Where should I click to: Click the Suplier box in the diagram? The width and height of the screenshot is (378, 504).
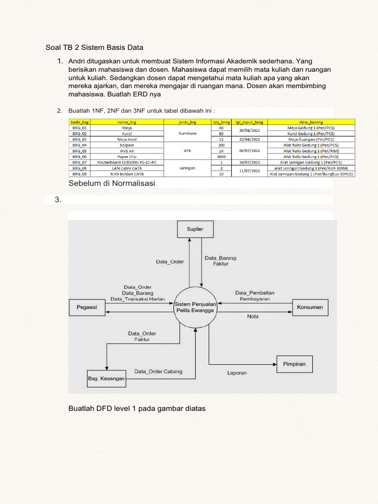pyautogui.click(x=195, y=229)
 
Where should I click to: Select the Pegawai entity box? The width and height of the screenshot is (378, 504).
pyautogui.click(x=87, y=308)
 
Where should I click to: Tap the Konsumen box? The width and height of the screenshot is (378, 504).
pyautogui.click(x=310, y=308)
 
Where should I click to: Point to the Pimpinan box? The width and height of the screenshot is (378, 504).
pyautogui.click(x=294, y=364)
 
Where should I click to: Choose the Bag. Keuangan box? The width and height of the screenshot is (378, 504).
pyautogui.click(x=106, y=378)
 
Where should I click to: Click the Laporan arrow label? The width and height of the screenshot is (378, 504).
pyautogui.click(x=237, y=373)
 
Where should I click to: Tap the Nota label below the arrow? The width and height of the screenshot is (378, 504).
pyautogui.click(x=252, y=317)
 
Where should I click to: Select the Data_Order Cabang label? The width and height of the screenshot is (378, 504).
pyautogui.click(x=158, y=372)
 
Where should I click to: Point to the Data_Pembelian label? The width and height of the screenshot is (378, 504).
pyautogui.click(x=254, y=292)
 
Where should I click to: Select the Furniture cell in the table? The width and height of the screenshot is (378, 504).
pyautogui.click(x=188, y=133)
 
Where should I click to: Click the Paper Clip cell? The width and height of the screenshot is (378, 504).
pyautogui.click(x=126, y=157)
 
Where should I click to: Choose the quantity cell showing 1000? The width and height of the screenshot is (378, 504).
pyautogui.click(x=221, y=157)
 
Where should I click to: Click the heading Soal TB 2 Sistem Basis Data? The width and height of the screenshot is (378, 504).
pyautogui.click(x=94, y=48)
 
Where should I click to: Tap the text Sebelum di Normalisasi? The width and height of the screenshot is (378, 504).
pyautogui.click(x=112, y=184)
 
